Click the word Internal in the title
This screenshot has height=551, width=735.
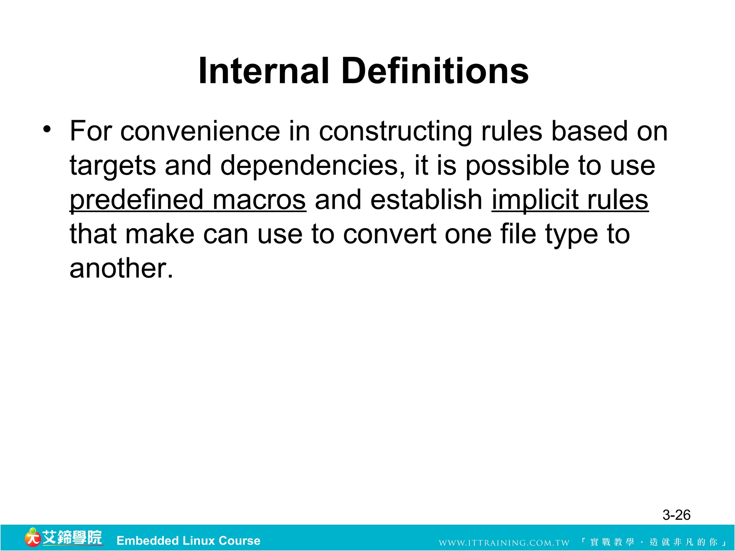(x=263, y=71)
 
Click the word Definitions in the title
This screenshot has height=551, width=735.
(x=435, y=71)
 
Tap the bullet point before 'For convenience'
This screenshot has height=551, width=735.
(x=47, y=129)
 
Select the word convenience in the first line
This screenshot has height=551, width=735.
(x=200, y=131)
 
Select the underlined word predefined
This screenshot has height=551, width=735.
(x=136, y=201)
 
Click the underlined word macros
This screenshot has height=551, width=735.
(x=259, y=201)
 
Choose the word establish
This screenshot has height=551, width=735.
(x=426, y=200)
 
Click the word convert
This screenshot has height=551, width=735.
(x=389, y=234)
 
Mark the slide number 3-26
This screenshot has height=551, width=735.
(x=676, y=515)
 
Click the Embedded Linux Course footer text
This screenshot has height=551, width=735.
(x=188, y=541)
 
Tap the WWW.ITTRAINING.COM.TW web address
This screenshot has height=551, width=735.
(x=504, y=542)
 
